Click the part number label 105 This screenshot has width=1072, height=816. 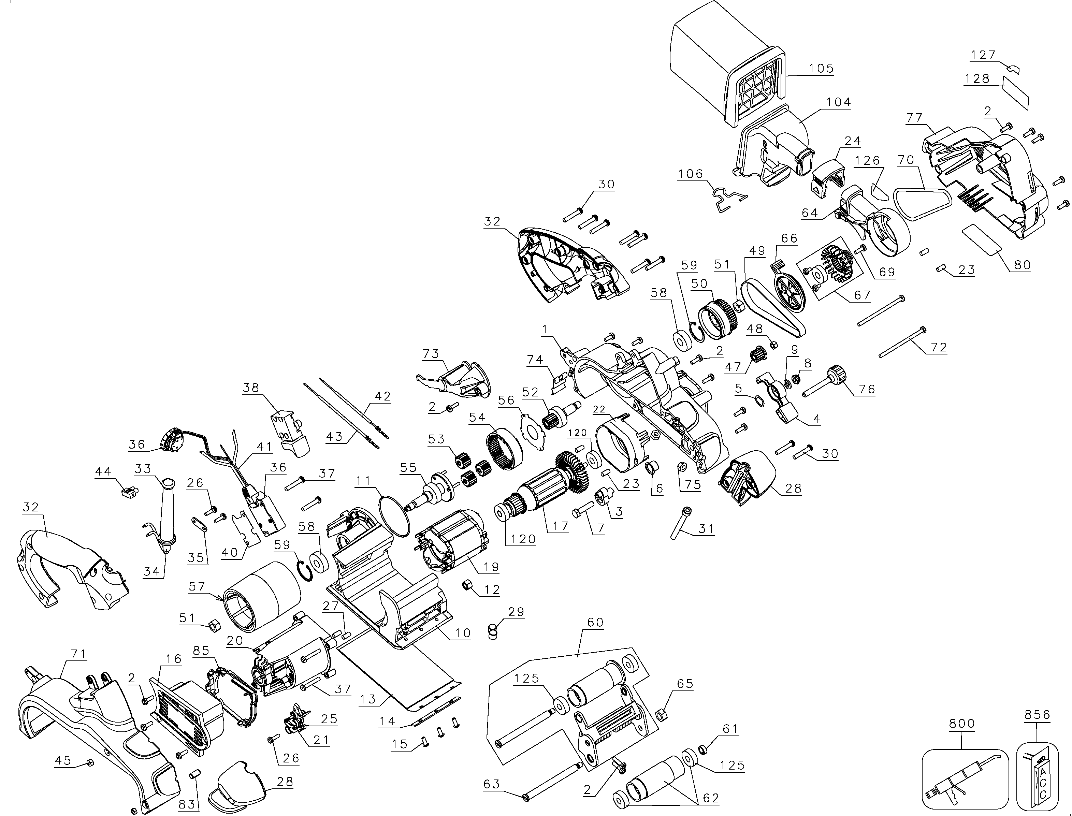click(821, 69)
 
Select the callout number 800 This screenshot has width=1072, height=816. click(962, 723)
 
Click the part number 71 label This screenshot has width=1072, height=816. click(79, 654)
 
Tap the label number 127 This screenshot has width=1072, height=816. click(983, 55)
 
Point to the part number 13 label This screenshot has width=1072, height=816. click(368, 699)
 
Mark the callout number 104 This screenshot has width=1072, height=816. click(839, 102)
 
